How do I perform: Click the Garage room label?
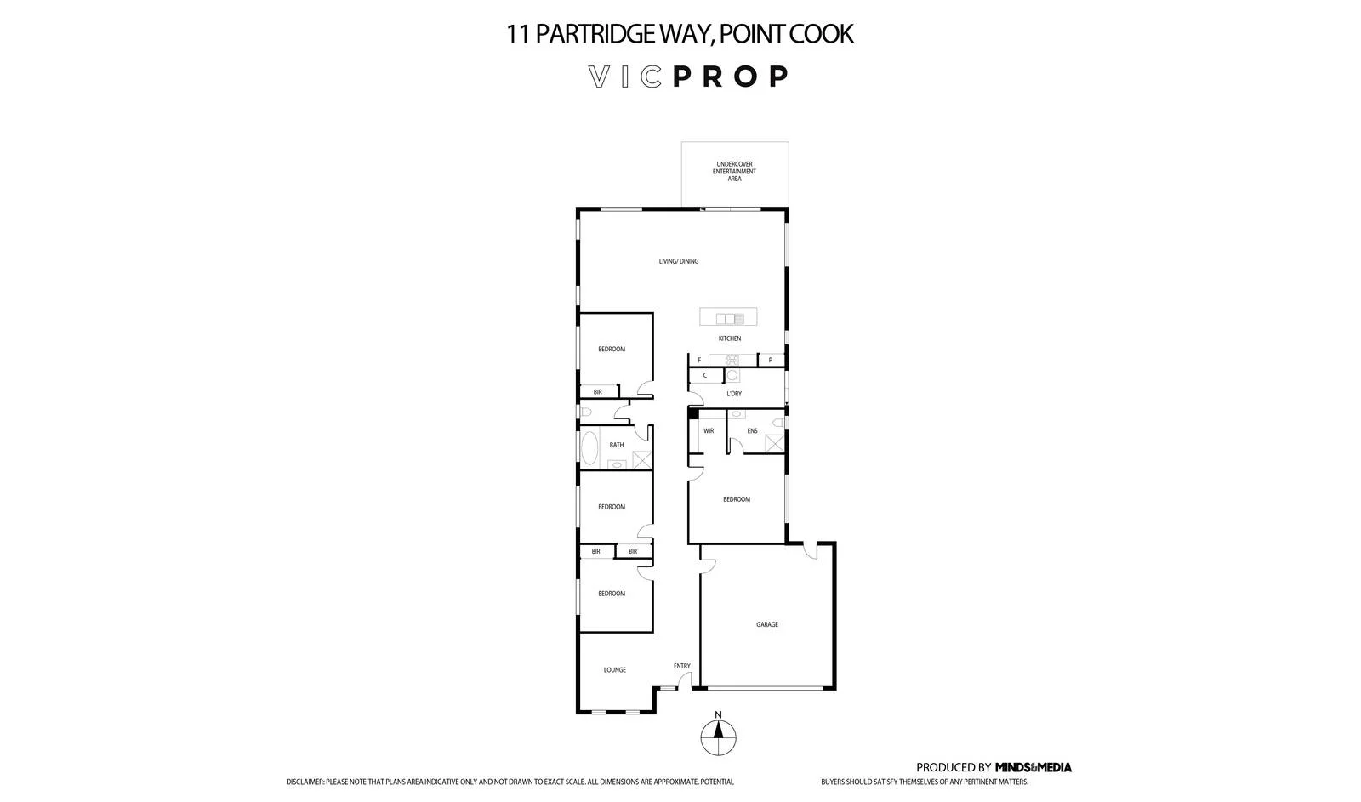click(x=767, y=624)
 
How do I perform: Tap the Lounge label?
click(x=615, y=670)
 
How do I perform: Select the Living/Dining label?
click(x=679, y=261)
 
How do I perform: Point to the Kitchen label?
click(x=730, y=338)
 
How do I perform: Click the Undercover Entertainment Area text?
click(x=734, y=171)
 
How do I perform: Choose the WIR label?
click(x=709, y=431)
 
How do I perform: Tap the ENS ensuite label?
click(x=752, y=431)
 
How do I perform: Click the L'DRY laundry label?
click(x=734, y=394)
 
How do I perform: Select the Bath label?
click(x=617, y=445)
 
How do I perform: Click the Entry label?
click(x=682, y=666)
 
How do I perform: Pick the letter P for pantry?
click(x=771, y=361)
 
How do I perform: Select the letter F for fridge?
click(x=699, y=361)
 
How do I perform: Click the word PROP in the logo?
click(x=730, y=77)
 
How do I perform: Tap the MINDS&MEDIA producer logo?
click(x=1033, y=767)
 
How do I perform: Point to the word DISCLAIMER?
click(x=305, y=782)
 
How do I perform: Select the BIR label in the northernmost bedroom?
click(x=598, y=392)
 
